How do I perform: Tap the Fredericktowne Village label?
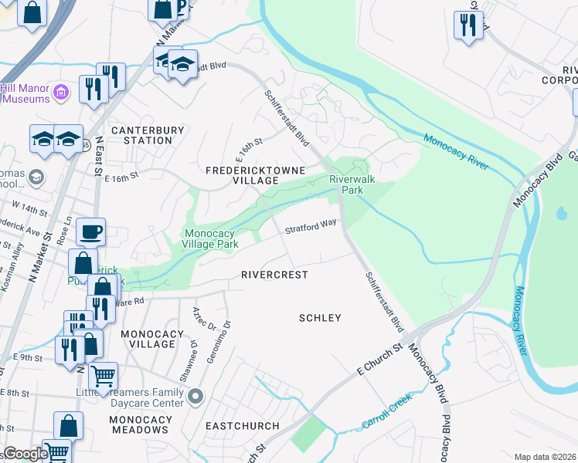(255, 174)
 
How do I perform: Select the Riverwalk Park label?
(346, 184)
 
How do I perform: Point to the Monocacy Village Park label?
(210, 238)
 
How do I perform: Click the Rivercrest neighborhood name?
(274, 275)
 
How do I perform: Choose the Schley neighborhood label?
(320, 318)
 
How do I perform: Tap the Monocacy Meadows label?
(141, 424)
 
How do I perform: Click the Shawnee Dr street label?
(185, 356)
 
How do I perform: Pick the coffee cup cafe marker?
(90, 231)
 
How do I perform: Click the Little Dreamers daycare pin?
(195, 397)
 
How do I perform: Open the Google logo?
(25, 454)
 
